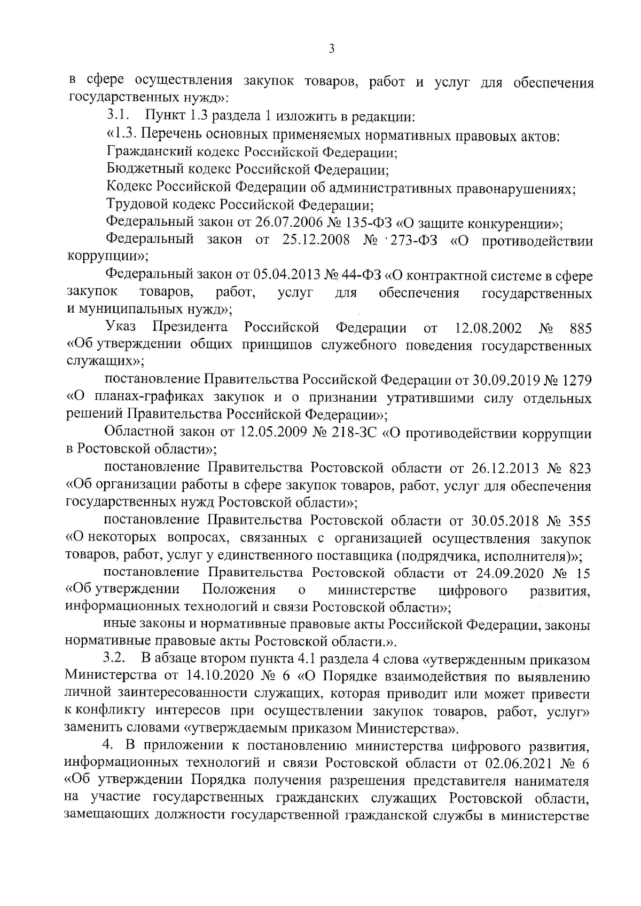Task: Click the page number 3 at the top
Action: click(331, 49)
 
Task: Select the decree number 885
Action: click(581, 328)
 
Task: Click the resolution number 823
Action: click(580, 468)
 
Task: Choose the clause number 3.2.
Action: click(114, 659)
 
